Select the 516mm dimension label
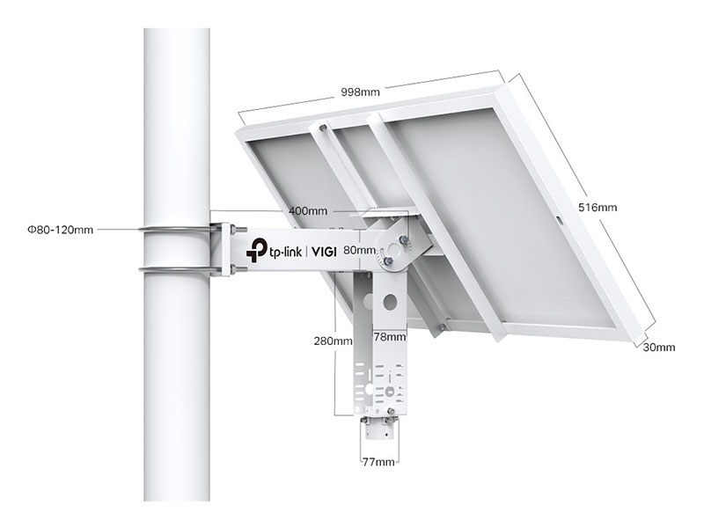click(598, 208)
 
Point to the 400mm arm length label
click(308, 211)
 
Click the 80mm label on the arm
click(361, 250)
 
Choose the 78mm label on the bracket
click(389, 336)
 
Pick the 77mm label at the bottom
click(379, 460)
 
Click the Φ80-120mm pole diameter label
click(60, 231)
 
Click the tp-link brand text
click(285, 252)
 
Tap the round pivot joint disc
click(393, 248)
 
